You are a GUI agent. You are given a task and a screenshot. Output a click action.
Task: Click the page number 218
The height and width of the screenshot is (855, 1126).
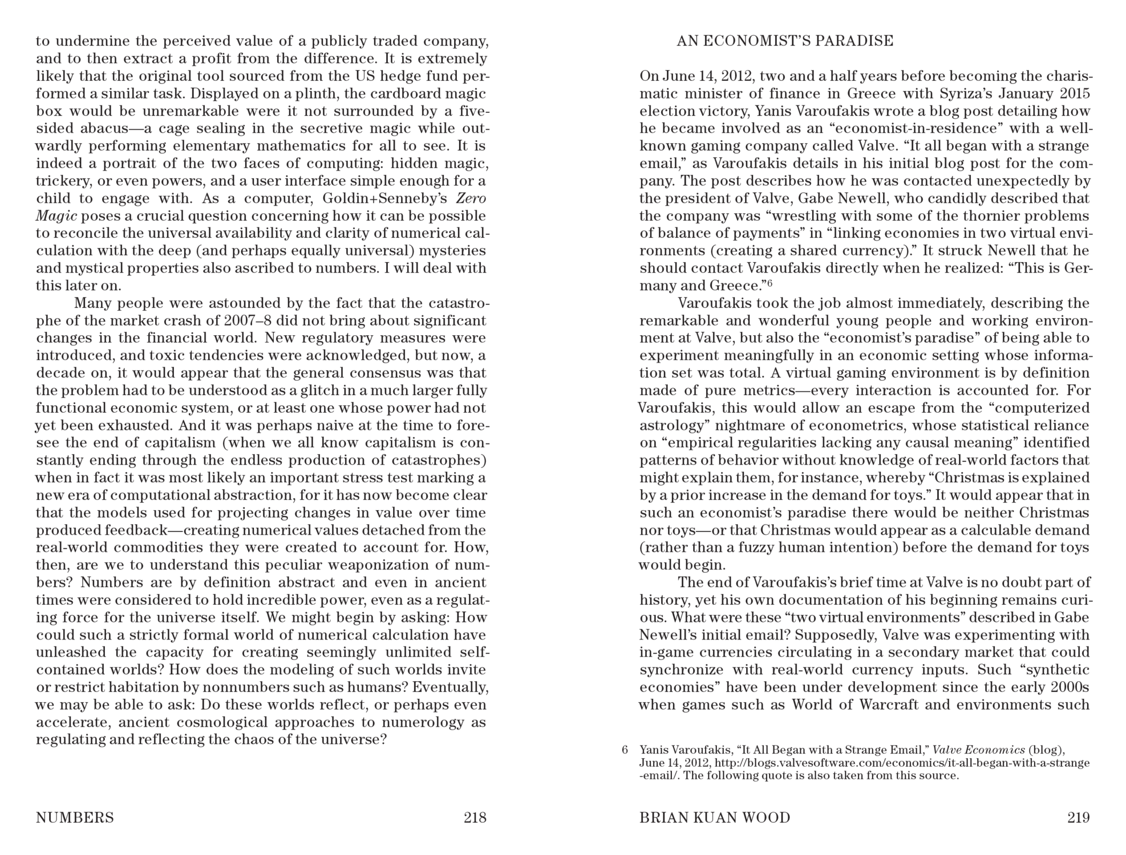tap(475, 818)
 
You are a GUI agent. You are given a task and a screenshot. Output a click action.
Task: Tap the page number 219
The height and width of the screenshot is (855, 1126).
tap(1078, 818)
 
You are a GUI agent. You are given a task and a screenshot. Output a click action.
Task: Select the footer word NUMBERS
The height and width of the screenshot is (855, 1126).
tap(75, 818)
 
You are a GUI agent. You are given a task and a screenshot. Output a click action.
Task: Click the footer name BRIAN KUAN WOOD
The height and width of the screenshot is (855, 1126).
tap(715, 818)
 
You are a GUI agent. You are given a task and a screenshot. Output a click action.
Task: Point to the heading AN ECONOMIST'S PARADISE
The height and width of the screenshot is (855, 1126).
tap(785, 41)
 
